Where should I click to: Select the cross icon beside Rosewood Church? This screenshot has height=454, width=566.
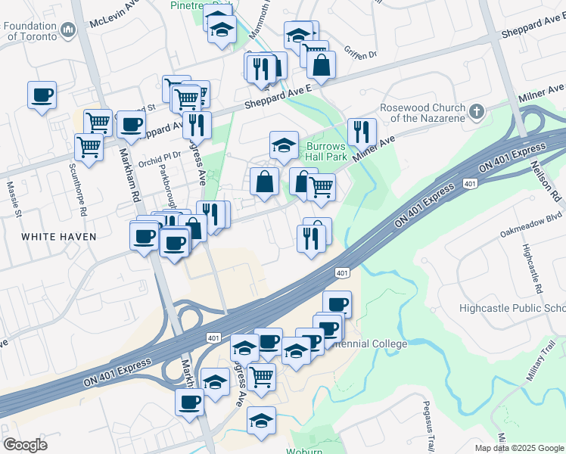[x=476, y=113]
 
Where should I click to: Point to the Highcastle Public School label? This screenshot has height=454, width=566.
[x=512, y=308]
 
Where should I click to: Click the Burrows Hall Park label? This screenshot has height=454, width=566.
[x=326, y=151]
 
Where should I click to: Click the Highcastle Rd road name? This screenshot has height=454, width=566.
[x=532, y=269]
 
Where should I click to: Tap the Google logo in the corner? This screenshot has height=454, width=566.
[x=25, y=444]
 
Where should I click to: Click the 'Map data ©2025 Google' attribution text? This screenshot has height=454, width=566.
[x=518, y=448]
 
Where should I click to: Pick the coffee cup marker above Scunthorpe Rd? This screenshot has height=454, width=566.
[x=42, y=96]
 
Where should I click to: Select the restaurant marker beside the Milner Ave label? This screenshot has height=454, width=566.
[x=362, y=132]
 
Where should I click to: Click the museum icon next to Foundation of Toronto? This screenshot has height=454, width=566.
[x=69, y=31]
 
